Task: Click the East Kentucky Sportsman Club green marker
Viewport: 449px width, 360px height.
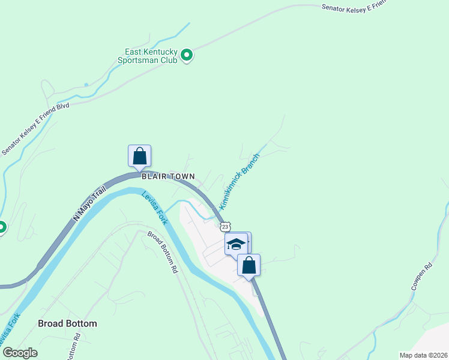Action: click(x=187, y=56)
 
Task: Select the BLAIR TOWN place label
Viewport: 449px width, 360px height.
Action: click(x=168, y=176)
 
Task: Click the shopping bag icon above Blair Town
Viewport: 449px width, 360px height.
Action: click(x=139, y=156)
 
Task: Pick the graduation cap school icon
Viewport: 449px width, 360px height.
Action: click(x=236, y=244)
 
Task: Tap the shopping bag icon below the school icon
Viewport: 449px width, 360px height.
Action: click(x=249, y=265)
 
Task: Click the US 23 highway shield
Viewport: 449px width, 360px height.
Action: click(x=224, y=226)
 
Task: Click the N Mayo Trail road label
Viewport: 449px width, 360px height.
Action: click(x=89, y=203)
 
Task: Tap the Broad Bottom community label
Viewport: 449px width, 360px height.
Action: click(x=67, y=323)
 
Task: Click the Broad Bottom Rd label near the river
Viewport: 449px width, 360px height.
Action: click(x=162, y=252)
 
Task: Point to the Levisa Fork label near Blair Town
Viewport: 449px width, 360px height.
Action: click(x=154, y=208)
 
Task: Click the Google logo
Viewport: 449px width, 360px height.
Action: click(x=20, y=353)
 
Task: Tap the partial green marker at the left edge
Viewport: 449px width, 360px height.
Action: click(x=2, y=227)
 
